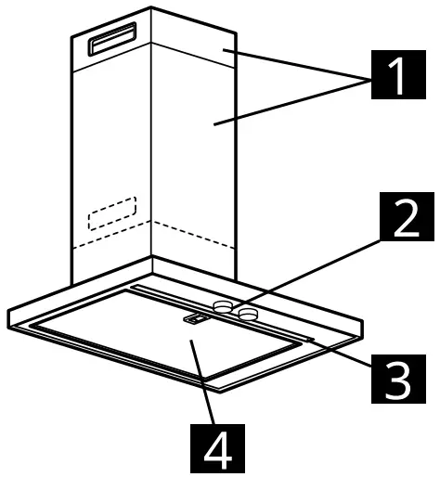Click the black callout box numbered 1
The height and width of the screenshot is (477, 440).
point(396,75)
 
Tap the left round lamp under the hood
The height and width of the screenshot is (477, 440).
point(223,305)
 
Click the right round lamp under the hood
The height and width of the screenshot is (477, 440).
point(248,314)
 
